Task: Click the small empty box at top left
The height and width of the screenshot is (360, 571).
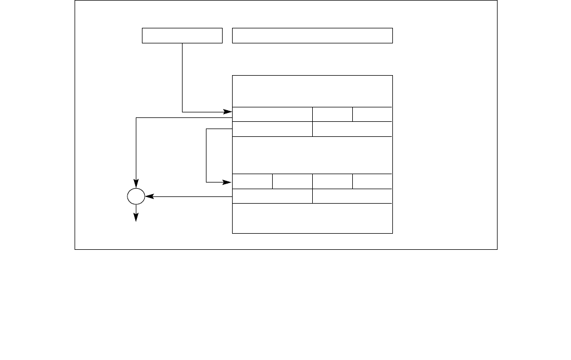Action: (182, 36)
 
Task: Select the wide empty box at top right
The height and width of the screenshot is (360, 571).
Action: (312, 36)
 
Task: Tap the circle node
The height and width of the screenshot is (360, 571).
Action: (136, 196)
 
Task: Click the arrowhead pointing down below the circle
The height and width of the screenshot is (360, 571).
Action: (136, 218)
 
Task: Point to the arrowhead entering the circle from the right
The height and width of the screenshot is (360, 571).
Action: (149, 196)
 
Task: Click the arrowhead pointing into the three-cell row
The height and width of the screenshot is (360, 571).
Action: (228, 112)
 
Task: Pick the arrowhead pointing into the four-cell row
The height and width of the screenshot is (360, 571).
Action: (228, 181)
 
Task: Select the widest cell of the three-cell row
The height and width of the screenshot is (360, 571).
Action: (272, 114)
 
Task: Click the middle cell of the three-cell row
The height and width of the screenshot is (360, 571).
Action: (332, 114)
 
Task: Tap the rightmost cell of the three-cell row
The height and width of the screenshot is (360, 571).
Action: (372, 114)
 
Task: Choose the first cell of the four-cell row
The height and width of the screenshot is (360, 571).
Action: (252, 181)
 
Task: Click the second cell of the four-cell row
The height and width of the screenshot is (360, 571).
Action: (292, 181)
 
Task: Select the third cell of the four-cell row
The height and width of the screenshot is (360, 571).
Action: (332, 181)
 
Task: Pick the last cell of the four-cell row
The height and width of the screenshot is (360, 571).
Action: (372, 181)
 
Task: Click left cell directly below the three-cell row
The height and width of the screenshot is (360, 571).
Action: (272, 129)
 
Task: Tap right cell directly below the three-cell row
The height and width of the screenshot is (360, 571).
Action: (352, 129)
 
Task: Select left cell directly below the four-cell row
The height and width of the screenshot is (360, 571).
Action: (272, 196)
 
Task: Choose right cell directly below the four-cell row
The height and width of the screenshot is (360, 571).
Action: (352, 196)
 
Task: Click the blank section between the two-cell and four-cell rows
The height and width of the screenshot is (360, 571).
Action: (312, 155)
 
